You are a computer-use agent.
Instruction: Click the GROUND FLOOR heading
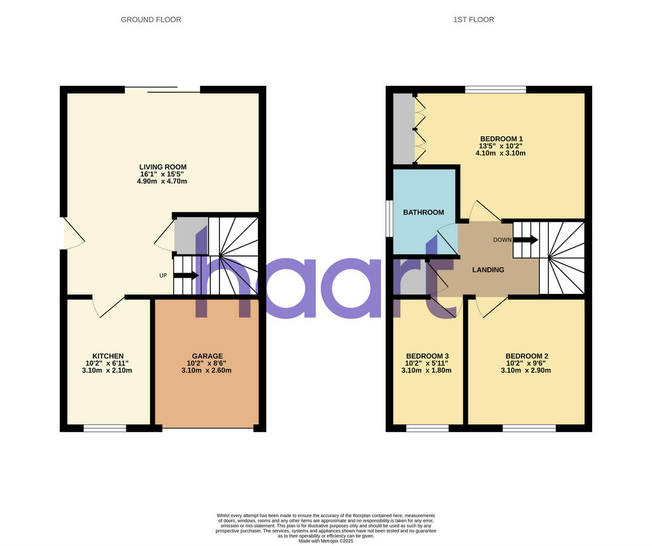pyautogui.click(x=151, y=20)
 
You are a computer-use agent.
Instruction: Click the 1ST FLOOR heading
pyautogui.click(x=473, y=20)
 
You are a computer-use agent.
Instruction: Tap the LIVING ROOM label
pyautogui.click(x=162, y=167)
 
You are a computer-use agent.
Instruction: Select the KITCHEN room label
pyautogui.click(x=108, y=356)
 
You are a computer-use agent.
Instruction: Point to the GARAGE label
pyautogui.click(x=207, y=356)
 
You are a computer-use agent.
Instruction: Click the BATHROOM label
pyautogui.click(x=423, y=212)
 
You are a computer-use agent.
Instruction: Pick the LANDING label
pyautogui.click(x=488, y=269)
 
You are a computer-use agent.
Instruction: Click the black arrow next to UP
pyautogui.click(x=186, y=275)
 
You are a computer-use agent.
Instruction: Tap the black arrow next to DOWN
pyautogui.click(x=525, y=240)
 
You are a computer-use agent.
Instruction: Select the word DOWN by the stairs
pyautogui.click(x=502, y=240)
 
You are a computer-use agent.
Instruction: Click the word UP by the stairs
pyautogui.click(x=163, y=275)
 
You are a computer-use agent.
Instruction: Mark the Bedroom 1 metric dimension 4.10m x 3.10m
pyautogui.click(x=500, y=153)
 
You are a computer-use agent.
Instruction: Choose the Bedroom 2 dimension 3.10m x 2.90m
pyautogui.click(x=525, y=371)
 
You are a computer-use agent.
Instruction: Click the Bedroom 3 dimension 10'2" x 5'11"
pyautogui.click(x=427, y=363)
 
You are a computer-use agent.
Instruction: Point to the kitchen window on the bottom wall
pyautogui.click(x=105, y=429)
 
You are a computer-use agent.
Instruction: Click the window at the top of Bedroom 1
pyautogui.click(x=496, y=90)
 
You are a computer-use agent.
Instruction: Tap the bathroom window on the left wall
pyautogui.click(x=389, y=218)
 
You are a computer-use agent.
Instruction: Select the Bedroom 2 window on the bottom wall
pyautogui.click(x=529, y=429)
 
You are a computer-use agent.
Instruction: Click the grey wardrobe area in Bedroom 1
pyautogui.click(x=403, y=129)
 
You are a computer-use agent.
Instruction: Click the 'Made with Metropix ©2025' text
pyautogui.click(x=326, y=541)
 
